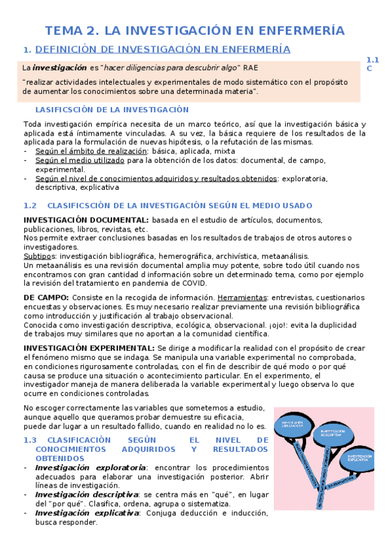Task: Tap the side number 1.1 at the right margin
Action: tap(372, 59)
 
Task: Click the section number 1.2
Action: tap(29, 205)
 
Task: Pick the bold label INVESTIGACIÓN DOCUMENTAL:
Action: tap(86, 220)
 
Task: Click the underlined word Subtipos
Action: tap(39, 256)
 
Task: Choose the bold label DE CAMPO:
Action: tap(46, 297)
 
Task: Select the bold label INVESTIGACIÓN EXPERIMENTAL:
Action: tap(90, 348)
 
